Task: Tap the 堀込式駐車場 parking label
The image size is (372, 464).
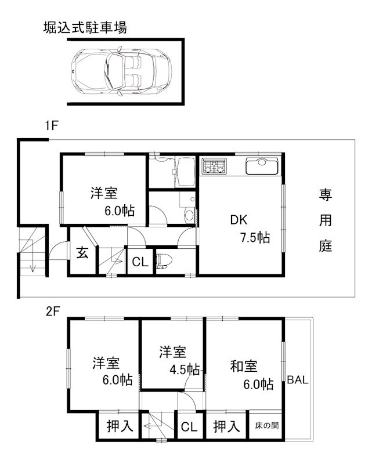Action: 85,27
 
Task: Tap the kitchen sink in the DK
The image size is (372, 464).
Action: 263,166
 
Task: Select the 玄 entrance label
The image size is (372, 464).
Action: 82,254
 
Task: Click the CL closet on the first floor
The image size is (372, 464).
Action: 140,262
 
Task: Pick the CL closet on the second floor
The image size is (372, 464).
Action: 189,427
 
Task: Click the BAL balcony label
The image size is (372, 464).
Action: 298,380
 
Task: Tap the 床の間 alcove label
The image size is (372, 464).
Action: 266,425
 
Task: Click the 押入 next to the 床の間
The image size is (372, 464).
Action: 226,426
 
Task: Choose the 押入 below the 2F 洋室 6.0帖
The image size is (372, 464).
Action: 120,426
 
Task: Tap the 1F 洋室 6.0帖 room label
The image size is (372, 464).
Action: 112,202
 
